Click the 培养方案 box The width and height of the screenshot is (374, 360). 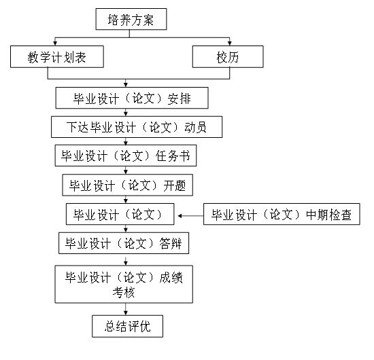coord(131,19)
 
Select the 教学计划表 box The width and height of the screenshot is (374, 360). coord(57,56)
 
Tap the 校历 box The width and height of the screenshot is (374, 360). coord(228,56)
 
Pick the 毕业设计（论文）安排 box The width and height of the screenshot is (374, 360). coord(132,98)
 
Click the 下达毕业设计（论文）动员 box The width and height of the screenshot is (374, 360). coord(137,127)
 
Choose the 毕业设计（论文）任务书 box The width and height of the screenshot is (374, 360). coord(126,156)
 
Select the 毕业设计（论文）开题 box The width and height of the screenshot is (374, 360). coord(128,185)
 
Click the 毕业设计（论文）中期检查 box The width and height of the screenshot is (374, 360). coord(282,214)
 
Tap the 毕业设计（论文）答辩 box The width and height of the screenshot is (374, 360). coord(124,243)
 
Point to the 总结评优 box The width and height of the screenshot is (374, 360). coord(128,326)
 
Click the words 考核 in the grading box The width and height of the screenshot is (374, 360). coord(124,292)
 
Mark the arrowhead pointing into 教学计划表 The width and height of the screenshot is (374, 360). coord(55,43)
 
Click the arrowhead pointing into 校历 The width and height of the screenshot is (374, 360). coord(230,43)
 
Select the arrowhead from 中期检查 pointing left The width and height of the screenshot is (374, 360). coord(180,216)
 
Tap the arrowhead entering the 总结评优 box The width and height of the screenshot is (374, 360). coord(126,313)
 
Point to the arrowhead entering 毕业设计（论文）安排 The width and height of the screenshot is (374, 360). coord(126,85)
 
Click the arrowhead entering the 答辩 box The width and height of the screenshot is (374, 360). coord(126,230)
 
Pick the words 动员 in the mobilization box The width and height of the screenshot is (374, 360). coord(195,127)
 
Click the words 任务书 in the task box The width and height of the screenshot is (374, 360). coord(173,156)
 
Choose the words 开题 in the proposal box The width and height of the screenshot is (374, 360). coord(175,185)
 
